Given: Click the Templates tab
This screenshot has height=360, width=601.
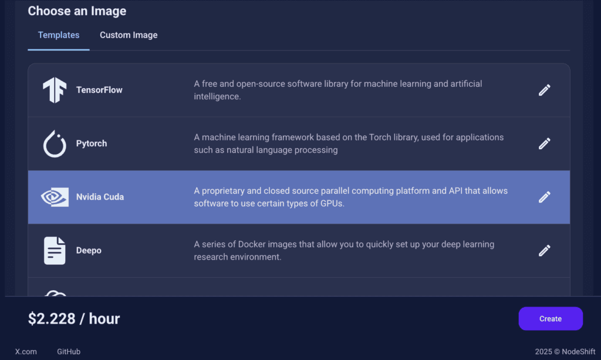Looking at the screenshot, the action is [x=59, y=35].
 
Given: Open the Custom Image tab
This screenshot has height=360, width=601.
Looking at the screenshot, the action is [x=129, y=35].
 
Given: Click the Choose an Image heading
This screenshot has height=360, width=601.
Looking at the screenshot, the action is [x=77, y=11].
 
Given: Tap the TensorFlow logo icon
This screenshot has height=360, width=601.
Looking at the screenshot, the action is [x=55, y=90].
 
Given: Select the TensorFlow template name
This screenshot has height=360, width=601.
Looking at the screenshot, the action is [x=99, y=90].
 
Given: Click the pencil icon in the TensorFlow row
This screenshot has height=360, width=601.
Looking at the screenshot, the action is [x=544, y=90].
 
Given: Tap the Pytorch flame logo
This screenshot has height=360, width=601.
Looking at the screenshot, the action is [x=55, y=144].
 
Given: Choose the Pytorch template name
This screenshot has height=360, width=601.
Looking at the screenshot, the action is [x=92, y=143].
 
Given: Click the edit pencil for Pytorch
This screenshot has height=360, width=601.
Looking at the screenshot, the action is [x=544, y=143].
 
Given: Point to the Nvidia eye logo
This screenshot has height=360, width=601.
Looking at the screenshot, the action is [x=55, y=197].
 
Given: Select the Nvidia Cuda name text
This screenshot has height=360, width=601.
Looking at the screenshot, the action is [x=100, y=197].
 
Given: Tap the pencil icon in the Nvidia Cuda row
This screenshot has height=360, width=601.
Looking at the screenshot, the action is [x=544, y=197].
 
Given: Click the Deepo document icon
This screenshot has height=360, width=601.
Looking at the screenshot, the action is [x=55, y=251].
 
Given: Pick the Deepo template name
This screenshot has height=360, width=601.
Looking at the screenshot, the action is [x=89, y=250].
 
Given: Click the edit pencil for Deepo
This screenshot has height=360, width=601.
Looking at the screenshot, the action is [x=544, y=250].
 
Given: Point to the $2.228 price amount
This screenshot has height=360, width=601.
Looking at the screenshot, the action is [x=52, y=318].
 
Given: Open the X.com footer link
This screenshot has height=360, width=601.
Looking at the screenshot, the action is [x=26, y=352].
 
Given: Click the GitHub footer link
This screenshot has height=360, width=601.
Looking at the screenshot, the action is [x=69, y=352].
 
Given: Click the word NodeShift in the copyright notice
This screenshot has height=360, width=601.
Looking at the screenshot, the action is [x=578, y=352].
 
